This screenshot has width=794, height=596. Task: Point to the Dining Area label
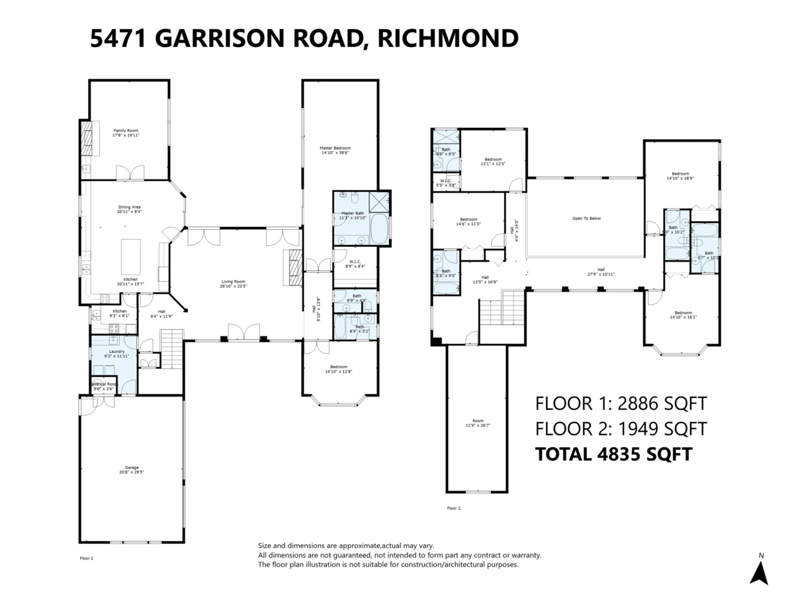coord(129,209)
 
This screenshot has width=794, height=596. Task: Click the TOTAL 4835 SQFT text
coord(613,454)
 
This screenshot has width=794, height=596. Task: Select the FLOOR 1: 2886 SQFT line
coord(621,403)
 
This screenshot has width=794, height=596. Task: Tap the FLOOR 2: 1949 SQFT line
coord(621,428)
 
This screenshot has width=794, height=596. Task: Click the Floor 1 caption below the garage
coord(87,558)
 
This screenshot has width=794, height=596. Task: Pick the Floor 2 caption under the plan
coord(453,508)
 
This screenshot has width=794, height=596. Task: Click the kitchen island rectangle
coord(131,252)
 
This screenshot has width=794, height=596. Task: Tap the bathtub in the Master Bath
coord(379,229)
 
